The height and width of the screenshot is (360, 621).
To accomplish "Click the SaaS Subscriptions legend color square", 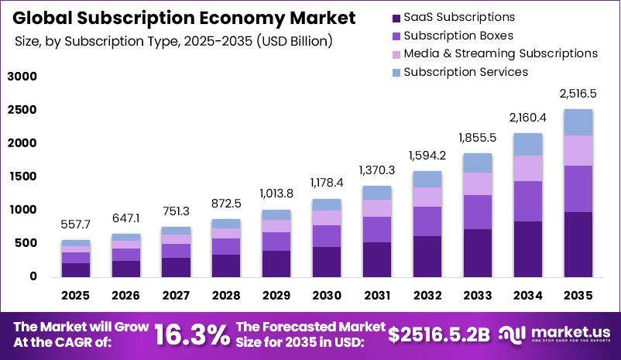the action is [x=396, y=19].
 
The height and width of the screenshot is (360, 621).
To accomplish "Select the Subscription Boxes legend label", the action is [x=458, y=36].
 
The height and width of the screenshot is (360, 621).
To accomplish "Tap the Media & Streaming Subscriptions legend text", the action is [x=501, y=53].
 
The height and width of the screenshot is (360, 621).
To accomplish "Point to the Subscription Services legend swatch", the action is [x=396, y=73].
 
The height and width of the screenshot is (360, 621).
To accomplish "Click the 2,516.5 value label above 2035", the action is [x=578, y=94].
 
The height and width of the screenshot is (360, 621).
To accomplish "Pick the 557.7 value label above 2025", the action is [x=76, y=225].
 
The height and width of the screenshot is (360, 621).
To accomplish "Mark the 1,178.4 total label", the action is [x=327, y=183].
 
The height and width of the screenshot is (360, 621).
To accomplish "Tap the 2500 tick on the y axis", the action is [x=22, y=110].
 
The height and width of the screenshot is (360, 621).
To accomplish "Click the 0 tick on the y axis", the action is [x=33, y=276].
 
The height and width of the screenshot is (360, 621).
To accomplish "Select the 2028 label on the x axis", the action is [x=226, y=296].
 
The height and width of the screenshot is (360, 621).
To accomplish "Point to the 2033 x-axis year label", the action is [x=478, y=296].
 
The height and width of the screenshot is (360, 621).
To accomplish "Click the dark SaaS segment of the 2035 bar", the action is [x=578, y=245].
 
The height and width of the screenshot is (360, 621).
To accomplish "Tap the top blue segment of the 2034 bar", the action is [x=528, y=145].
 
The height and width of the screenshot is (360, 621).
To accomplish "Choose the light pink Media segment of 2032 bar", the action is [x=427, y=197].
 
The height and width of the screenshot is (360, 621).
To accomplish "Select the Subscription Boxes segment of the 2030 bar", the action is [x=327, y=236].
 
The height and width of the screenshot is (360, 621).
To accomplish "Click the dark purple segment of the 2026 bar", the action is [x=126, y=269].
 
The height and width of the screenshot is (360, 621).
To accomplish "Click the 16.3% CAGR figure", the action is [x=192, y=334].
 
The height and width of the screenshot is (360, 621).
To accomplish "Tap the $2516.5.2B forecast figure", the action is [x=439, y=334].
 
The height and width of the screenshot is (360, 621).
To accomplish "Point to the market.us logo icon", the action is [x=512, y=334].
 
